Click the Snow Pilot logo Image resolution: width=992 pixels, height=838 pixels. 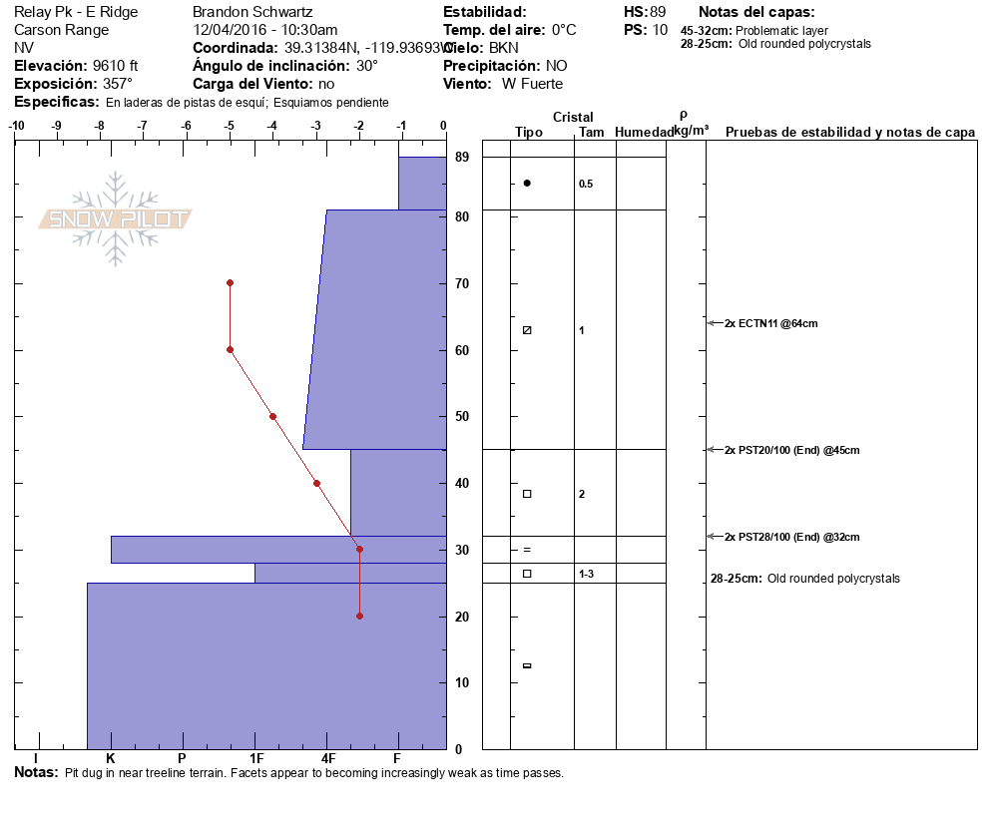pos(116,218)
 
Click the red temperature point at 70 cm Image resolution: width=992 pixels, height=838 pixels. pos(230,282)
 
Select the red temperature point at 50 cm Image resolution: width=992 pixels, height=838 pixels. pos(272,416)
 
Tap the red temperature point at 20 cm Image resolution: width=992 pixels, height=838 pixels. pos(359,616)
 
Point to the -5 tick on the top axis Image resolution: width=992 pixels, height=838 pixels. pos(230,126)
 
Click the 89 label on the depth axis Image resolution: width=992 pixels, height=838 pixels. pos(462,158)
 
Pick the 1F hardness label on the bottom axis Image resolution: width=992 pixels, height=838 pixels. pos(256,758)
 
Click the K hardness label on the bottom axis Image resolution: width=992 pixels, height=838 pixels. pos(111,758)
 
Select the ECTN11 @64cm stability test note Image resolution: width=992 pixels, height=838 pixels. pos(770,323)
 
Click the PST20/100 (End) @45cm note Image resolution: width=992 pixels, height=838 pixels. pos(791,450)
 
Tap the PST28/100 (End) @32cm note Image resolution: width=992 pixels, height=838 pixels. pos(791,537)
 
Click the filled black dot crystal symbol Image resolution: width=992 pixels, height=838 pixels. pos(527,183)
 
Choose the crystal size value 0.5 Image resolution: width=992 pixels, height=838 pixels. pos(586,184)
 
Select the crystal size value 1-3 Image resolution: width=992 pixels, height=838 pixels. pos(587,574)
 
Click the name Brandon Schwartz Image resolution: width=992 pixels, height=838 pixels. pos(253,12)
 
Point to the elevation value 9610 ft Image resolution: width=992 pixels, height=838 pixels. pos(115,66)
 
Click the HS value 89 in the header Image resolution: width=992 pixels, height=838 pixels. pos(657,12)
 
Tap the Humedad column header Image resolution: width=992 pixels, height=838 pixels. pos(644,133)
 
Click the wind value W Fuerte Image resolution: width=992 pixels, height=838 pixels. pos(532,84)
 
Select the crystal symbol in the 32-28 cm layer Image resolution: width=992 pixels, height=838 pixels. pos(527,550)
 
